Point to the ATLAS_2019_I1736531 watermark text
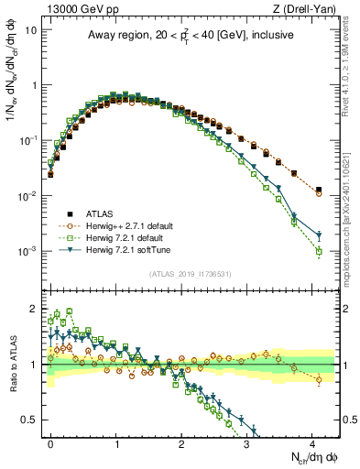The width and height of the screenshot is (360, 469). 191,274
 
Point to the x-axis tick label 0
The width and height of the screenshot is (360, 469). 51,442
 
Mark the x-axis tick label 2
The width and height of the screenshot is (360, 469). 181,442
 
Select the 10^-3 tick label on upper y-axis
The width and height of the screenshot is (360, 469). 25,251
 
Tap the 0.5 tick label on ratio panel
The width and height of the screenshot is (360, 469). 27,420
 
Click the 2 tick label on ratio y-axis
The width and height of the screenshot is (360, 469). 32,307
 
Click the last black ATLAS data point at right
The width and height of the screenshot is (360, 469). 318,190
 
